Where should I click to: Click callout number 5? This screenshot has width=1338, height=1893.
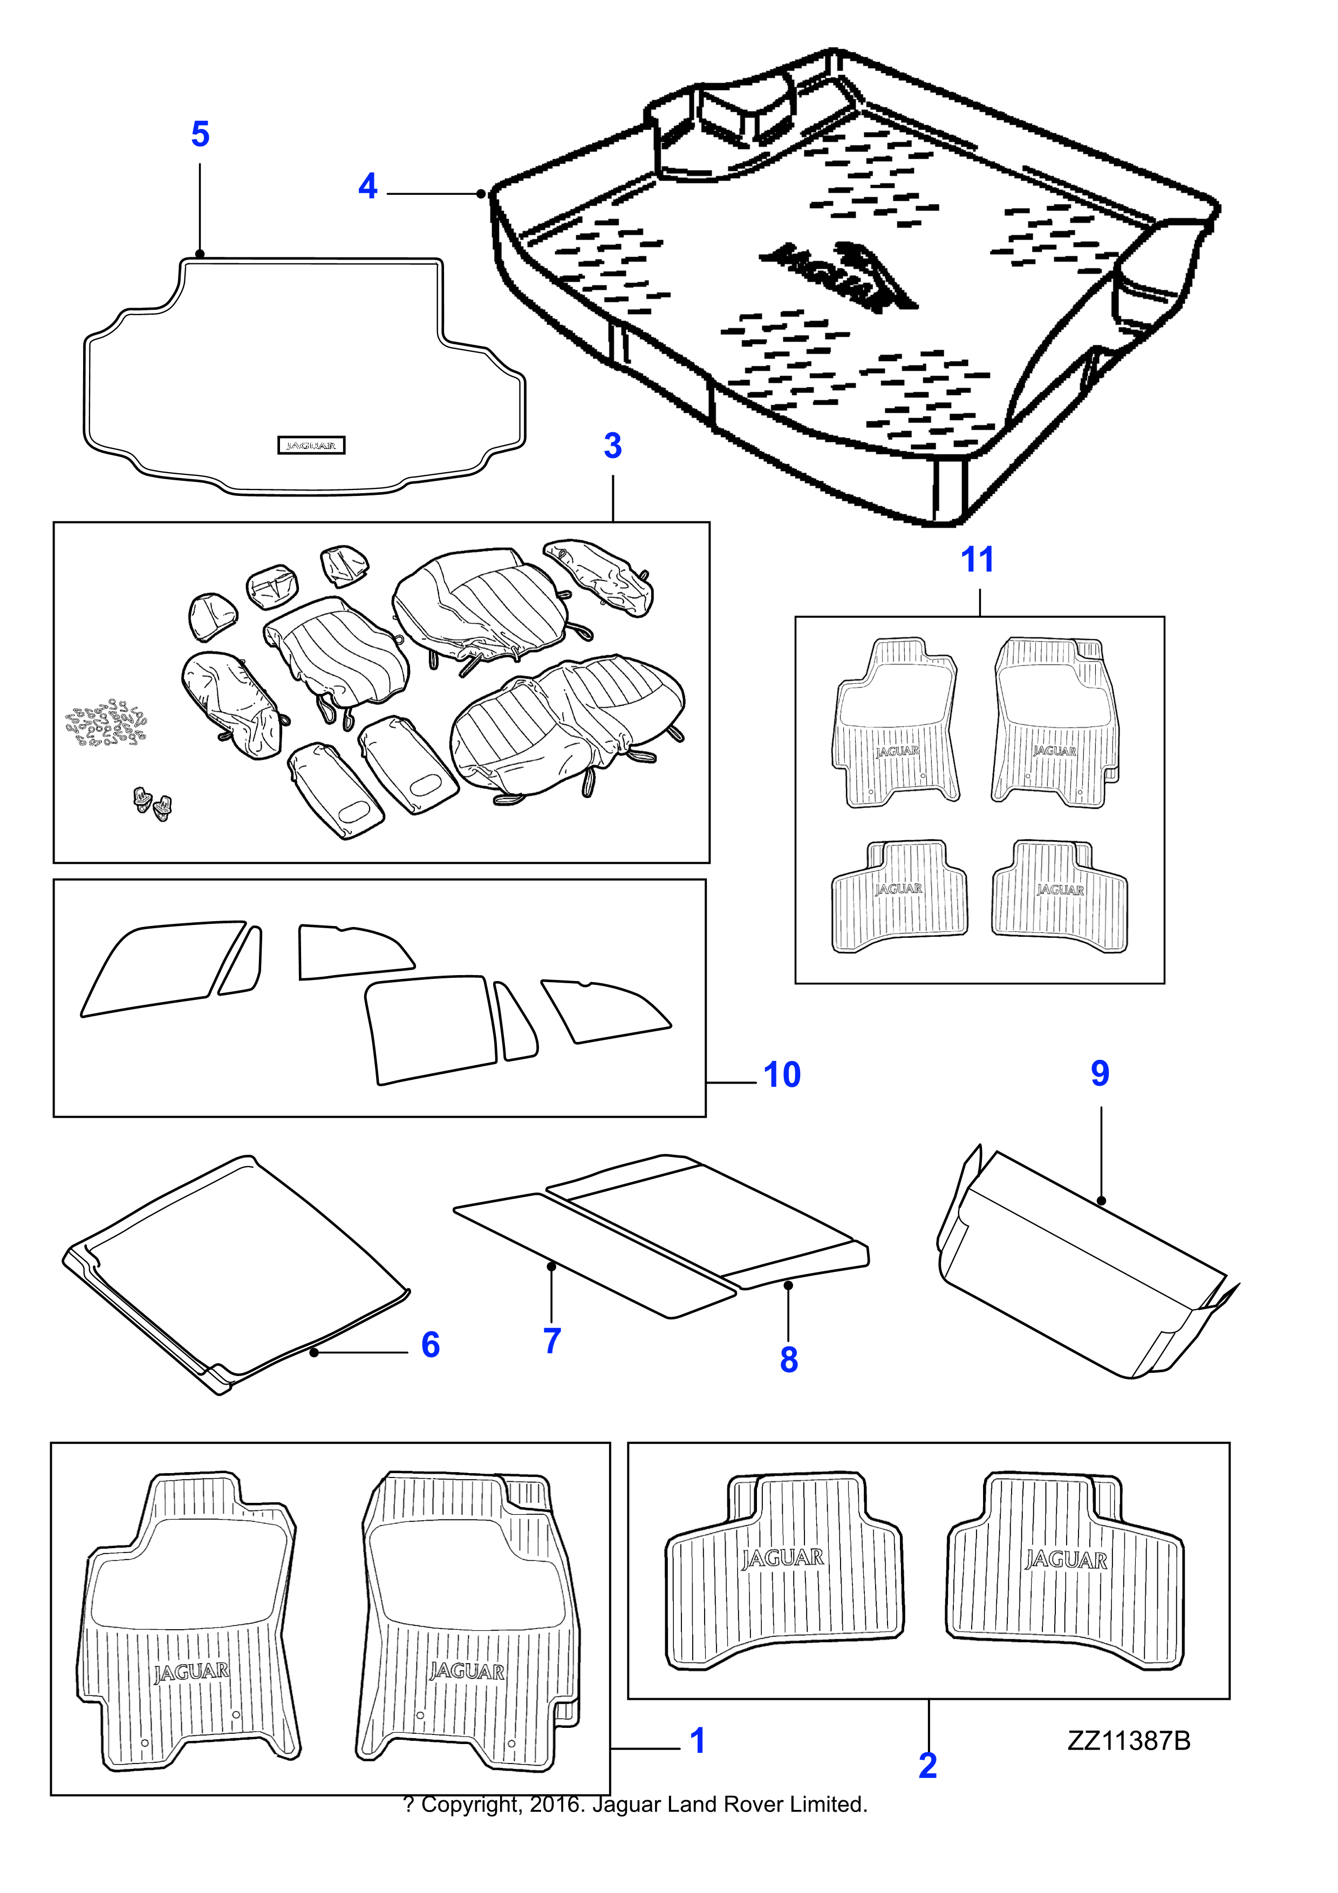200,136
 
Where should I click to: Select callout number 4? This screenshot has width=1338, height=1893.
368,189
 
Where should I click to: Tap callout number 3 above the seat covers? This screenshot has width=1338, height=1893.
612,447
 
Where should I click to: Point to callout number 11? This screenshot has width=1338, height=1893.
979,562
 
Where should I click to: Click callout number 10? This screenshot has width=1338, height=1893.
782,1076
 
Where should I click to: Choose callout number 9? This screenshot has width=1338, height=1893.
1100,1075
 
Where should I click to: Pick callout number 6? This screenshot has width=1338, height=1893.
431,1346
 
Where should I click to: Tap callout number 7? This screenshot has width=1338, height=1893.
552,1342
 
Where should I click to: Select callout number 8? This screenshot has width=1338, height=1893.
789,1361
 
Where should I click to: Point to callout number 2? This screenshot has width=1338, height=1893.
927,1767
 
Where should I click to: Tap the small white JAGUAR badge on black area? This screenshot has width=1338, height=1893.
311,445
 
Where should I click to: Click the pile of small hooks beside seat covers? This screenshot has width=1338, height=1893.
106,723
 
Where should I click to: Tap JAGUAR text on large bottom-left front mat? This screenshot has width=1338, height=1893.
192,1672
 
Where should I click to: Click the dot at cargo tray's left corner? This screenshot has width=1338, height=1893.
481,194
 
